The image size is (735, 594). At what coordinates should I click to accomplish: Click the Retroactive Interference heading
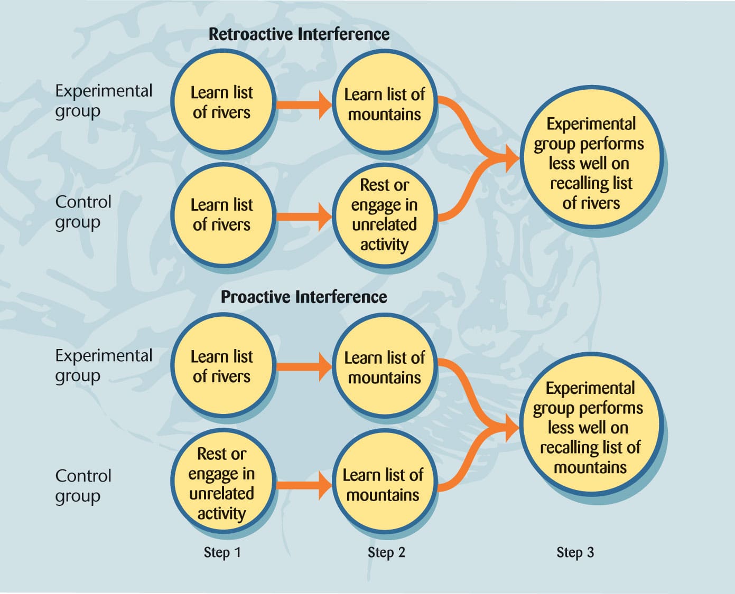[299, 34]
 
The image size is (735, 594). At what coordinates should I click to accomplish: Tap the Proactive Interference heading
[304, 297]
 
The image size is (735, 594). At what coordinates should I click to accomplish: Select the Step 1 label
[222, 552]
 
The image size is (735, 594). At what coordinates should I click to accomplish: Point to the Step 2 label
[386, 552]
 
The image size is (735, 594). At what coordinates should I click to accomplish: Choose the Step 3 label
[575, 552]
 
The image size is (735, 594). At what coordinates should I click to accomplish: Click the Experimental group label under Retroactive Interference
[104, 100]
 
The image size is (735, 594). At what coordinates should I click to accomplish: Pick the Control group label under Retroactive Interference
[83, 212]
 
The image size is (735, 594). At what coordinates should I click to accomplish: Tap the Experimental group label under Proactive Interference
[104, 365]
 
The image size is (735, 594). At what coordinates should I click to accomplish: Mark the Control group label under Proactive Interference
[83, 486]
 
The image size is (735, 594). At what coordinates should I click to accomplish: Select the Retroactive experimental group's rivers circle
[222, 102]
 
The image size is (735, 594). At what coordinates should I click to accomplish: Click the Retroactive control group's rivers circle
[222, 215]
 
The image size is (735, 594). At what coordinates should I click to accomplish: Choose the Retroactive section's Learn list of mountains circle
[384, 105]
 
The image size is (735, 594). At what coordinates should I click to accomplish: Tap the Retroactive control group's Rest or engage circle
[384, 215]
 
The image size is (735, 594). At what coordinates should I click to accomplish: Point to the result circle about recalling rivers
[591, 163]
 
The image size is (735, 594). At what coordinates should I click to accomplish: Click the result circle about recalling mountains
[590, 428]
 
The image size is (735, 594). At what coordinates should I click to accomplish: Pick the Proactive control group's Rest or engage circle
[222, 484]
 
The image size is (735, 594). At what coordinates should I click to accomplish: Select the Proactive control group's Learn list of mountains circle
[383, 485]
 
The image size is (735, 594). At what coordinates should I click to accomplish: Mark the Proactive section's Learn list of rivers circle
[222, 366]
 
